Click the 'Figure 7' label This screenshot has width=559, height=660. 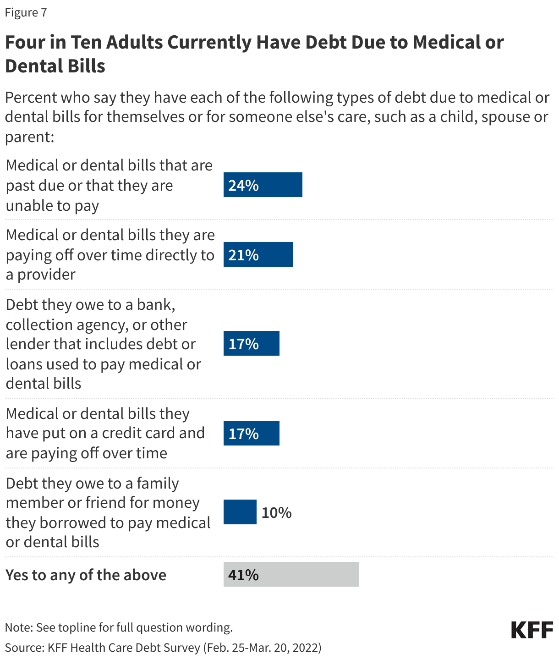coord(26,12)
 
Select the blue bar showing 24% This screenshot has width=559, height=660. coord(263,185)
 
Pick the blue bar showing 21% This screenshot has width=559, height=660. coord(258,254)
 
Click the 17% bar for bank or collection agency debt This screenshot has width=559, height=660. coord(251,343)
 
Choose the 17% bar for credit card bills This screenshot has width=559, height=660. coord(251,433)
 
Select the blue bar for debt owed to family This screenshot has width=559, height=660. coord(240,512)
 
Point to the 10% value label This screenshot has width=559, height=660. coord(276,512)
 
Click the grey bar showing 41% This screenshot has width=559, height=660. coord(291,574)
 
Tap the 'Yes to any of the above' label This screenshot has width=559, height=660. coord(86,575)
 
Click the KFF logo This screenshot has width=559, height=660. coord(532,630)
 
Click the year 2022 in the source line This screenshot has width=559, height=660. coord(305,648)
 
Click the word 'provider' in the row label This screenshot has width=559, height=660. coord(46,275)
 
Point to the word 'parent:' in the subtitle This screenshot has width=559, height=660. coord(30,137)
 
